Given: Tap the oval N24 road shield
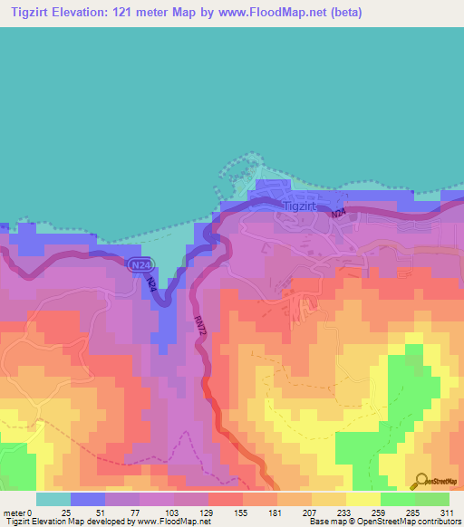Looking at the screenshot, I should [139, 263].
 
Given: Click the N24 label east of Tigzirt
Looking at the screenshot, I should [337, 214].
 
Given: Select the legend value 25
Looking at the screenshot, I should [67, 512].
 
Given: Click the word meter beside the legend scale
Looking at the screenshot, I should [15, 512].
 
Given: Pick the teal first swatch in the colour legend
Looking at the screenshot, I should [53, 499].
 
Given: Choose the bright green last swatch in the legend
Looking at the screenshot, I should [432, 499].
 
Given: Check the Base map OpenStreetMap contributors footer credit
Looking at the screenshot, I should [382, 522].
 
